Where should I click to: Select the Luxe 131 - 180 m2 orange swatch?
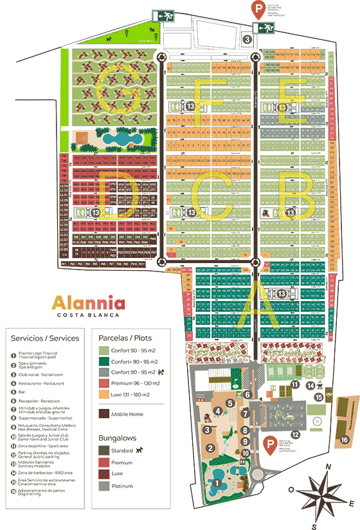(103, 395)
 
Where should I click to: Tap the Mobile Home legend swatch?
(103, 414)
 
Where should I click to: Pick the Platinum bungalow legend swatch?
(103, 486)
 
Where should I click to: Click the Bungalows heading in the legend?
(120, 437)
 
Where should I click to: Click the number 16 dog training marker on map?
(345, 439)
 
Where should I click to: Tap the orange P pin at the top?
(257, 8)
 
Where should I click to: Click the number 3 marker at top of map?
(248, 39)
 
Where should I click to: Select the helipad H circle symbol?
(317, 421)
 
